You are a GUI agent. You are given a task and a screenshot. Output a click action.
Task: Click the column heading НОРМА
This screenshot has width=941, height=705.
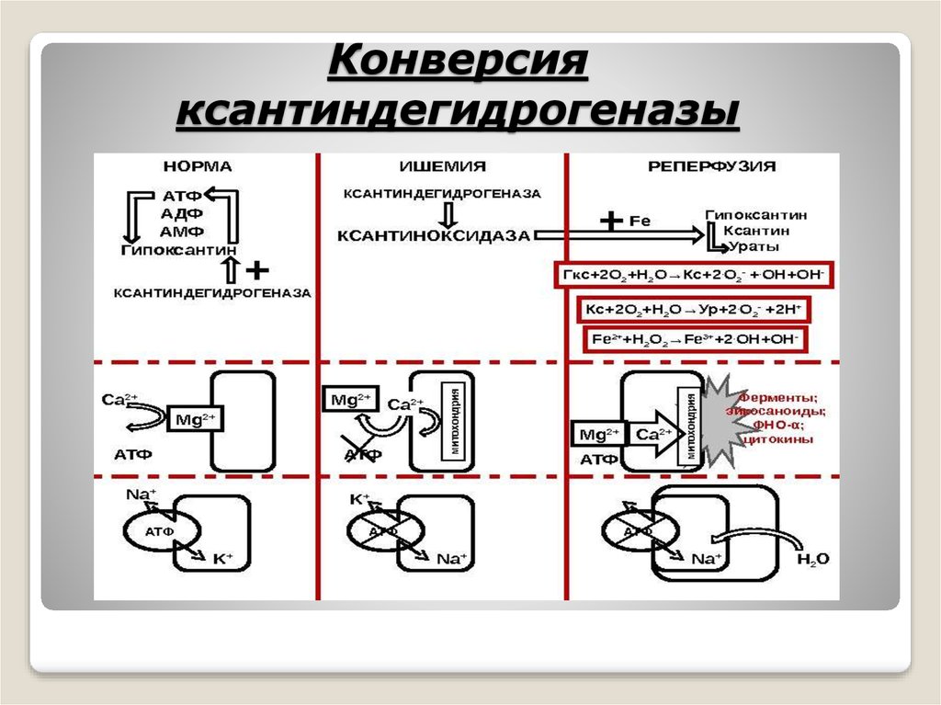pyautogui.click(x=198, y=166)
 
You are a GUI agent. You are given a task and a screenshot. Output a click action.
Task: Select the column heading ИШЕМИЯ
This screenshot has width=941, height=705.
pyautogui.click(x=442, y=166)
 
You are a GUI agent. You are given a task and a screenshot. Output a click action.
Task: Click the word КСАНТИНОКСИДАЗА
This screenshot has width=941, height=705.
pyautogui.click(x=434, y=235)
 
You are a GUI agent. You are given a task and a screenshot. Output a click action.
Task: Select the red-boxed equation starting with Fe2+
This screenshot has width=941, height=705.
pyautogui.click(x=696, y=338)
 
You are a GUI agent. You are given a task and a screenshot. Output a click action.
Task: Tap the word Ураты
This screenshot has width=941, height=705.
pyautogui.click(x=756, y=247)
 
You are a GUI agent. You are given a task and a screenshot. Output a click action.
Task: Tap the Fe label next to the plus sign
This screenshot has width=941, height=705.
pyautogui.click(x=640, y=221)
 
